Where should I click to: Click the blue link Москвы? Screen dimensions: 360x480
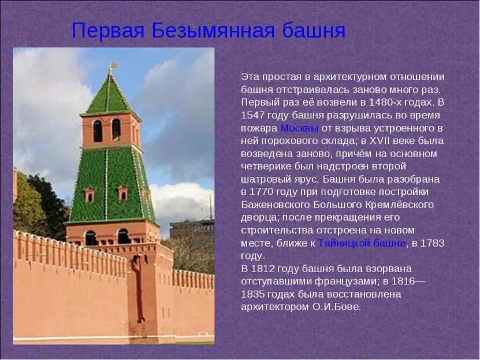tap(299, 128)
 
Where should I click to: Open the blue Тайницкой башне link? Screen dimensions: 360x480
tap(362, 243)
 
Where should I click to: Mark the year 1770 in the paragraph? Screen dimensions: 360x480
tap(261, 192)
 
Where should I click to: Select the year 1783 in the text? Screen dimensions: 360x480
tap(432, 243)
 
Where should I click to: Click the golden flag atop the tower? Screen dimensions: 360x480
tap(114, 65)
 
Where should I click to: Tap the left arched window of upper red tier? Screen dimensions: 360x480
tap(98, 131)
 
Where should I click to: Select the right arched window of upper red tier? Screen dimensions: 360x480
tap(116, 129)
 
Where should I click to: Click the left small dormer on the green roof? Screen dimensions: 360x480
tap(90, 195)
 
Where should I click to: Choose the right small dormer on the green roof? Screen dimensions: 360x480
tap(122, 192)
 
